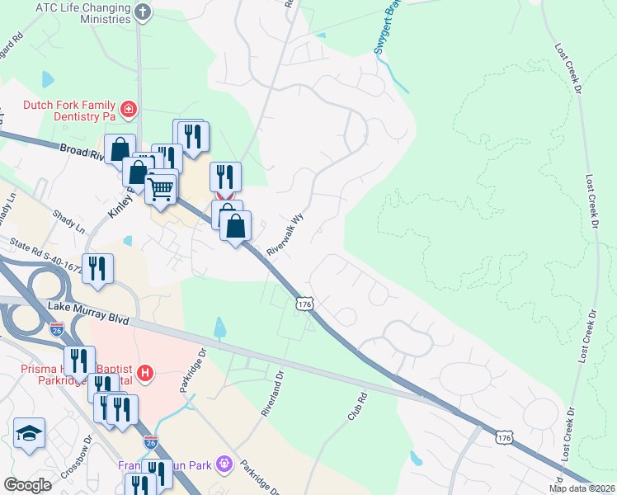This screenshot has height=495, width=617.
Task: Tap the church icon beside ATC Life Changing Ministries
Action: pyautogui.click(x=143, y=12)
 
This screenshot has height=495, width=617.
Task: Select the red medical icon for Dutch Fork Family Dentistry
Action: pyautogui.click(x=128, y=108)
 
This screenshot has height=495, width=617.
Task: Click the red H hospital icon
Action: pyautogui.click(x=146, y=374)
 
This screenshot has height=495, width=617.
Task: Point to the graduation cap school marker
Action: pyautogui.click(x=29, y=433)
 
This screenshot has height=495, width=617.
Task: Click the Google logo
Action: pyautogui.click(x=27, y=485)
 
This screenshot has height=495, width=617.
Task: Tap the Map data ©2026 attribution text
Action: pyautogui.click(x=582, y=488)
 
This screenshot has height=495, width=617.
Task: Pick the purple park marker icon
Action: pyautogui.click(x=221, y=465)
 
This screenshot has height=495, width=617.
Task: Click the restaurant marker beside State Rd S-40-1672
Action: pyautogui.click(x=97, y=269)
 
